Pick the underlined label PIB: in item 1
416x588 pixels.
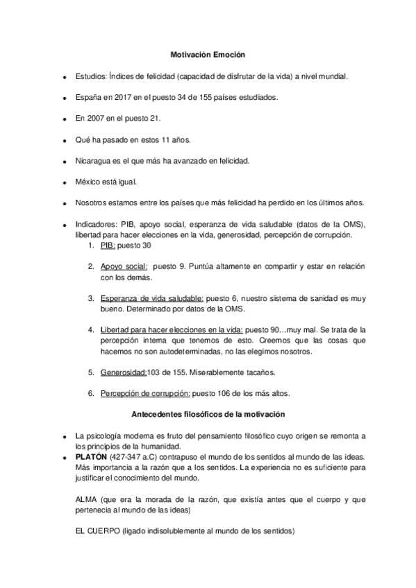point(108,245)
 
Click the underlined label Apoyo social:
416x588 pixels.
point(124,266)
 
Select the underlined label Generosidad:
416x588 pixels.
point(124,372)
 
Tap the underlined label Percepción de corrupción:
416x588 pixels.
point(145,393)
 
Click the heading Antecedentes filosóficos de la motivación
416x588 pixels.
point(208,414)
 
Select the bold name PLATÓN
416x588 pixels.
point(90,457)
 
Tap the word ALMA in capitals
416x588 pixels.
point(86,499)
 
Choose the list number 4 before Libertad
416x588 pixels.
point(91,330)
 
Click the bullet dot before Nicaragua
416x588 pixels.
point(64,162)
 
